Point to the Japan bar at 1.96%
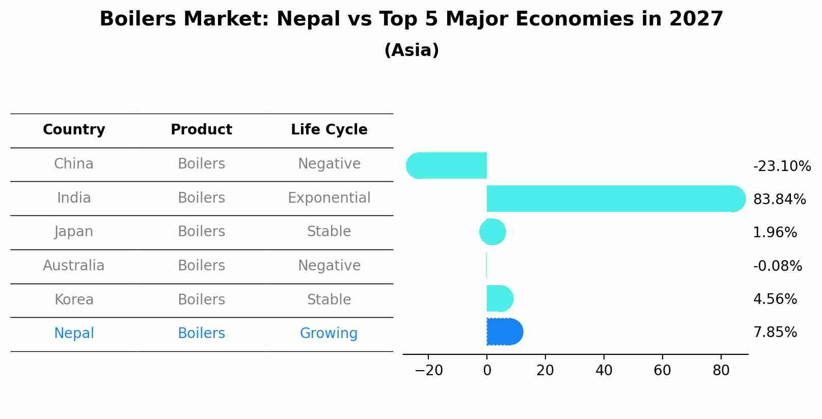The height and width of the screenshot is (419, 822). point(492,232)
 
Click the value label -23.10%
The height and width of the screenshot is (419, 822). point(782,166)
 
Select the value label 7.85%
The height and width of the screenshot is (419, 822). point(775,332)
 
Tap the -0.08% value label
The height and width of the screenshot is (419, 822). point(777,266)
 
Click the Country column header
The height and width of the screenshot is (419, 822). point(74,130)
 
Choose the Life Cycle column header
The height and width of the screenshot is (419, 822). point(329,130)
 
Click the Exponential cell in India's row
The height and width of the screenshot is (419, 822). point(329,198)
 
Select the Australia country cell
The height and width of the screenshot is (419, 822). point(74,266)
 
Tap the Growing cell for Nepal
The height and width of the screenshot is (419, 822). point(328,333)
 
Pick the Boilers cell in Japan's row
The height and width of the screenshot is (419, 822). point(201,232)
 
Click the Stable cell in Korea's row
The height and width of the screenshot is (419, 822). point(329,300)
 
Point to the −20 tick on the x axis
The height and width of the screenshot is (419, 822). point(428,370)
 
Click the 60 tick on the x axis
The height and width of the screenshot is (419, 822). point(662,370)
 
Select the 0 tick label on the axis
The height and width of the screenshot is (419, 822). point(487,370)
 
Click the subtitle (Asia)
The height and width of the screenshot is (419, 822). point(412,50)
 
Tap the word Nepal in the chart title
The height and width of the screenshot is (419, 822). point(309,19)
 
